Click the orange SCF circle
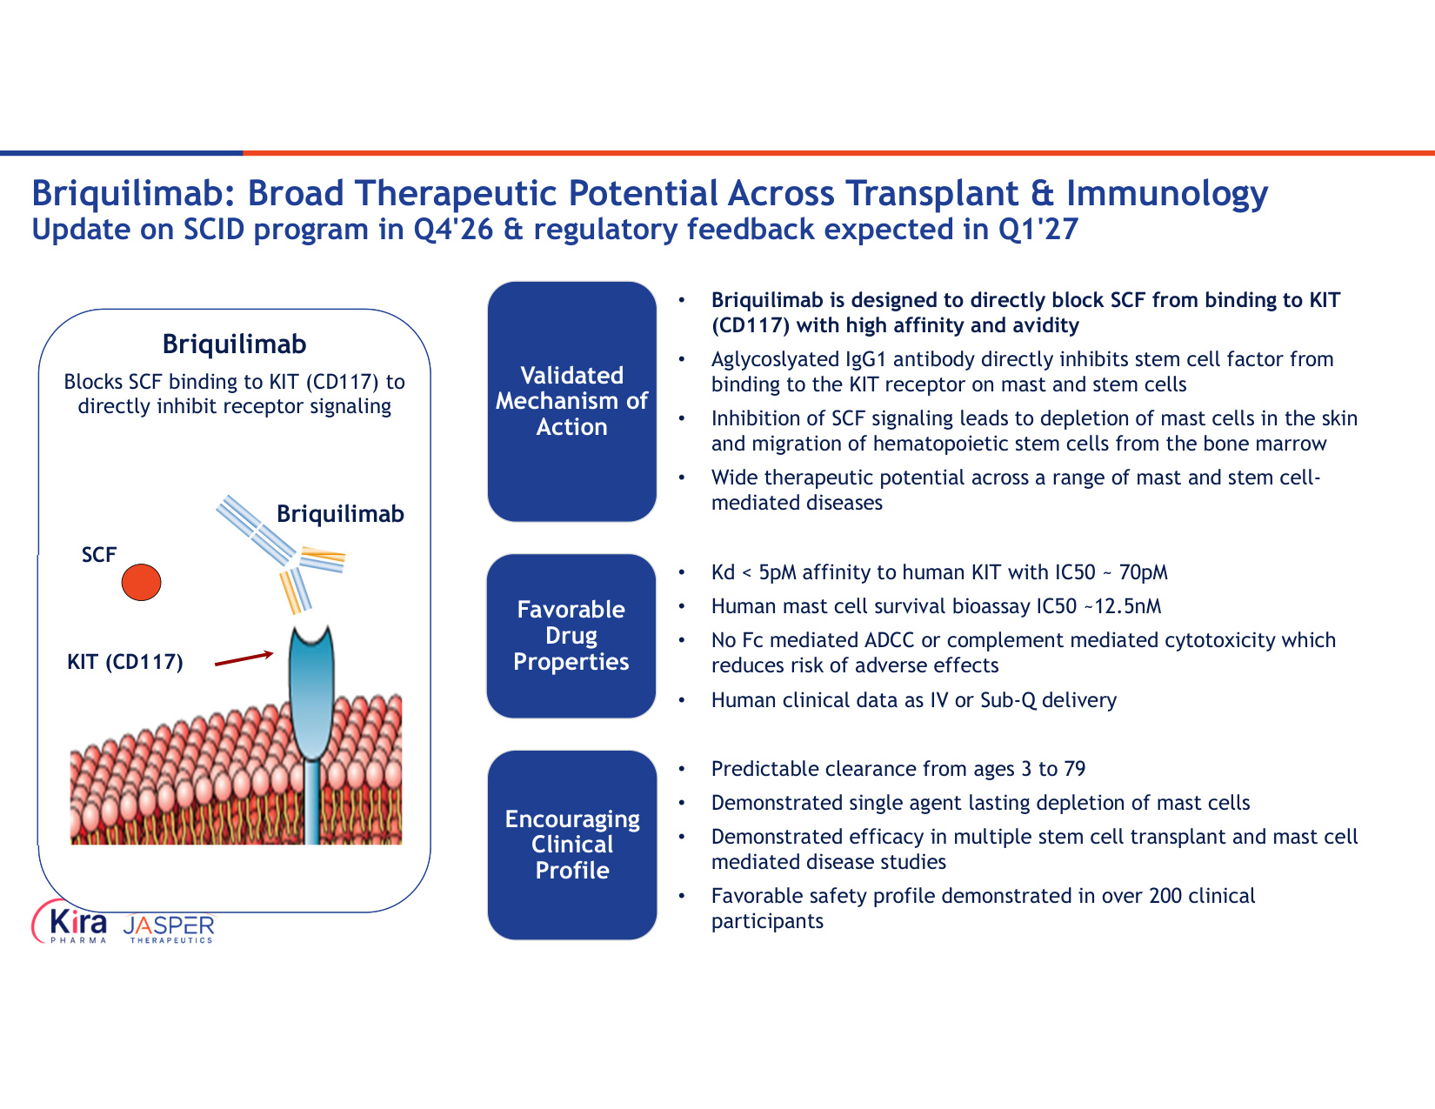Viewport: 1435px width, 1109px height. point(141,582)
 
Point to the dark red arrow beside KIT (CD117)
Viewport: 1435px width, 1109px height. point(244,658)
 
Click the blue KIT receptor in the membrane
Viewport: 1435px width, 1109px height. point(311,726)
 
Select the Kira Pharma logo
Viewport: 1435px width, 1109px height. point(70,923)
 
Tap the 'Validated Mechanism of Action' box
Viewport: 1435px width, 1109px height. point(572,401)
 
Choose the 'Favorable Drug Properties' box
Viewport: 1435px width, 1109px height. point(571,636)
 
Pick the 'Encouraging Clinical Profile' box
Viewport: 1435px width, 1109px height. point(572,844)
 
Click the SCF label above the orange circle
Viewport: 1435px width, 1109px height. point(99,554)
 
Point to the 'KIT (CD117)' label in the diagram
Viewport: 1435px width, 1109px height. point(125,661)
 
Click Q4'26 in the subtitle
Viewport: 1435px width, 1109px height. point(453,230)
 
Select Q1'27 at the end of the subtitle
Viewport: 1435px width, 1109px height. point(1038,230)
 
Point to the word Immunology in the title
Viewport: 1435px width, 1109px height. point(1167,194)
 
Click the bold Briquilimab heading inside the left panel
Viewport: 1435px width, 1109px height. point(235,344)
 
